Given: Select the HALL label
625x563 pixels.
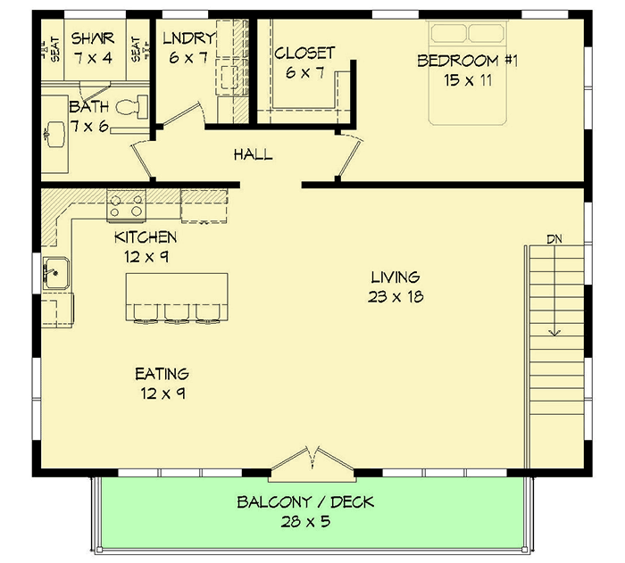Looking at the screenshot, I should point(253,155).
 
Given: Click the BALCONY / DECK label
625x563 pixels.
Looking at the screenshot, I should point(305,502).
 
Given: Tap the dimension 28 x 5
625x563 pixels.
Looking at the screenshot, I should point(305,521).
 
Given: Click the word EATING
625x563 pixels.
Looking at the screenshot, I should point(162,374).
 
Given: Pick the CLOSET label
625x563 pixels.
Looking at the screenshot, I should point(304,54).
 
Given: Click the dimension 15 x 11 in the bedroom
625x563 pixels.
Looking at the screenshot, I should point(468,79).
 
